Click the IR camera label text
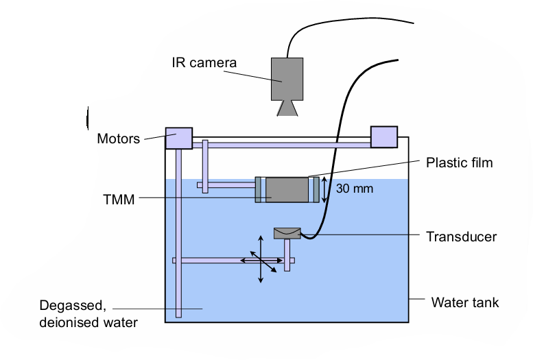pos(203,63)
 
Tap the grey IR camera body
pos(287,79)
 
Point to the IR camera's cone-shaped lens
pos(287,108)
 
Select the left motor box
pos(178,138)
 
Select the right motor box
pos(383,136)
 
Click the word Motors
pos(118,139)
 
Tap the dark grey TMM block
pos(287,190)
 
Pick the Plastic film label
pos(459,163)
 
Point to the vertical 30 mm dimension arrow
pos(325,189)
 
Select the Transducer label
pos(460,237)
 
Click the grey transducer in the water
pos(287,233)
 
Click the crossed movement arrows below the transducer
pos(261,260)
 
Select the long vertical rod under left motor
pos(178,233)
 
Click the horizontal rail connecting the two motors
pos(281,143)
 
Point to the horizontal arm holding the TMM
pos(226,185)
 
